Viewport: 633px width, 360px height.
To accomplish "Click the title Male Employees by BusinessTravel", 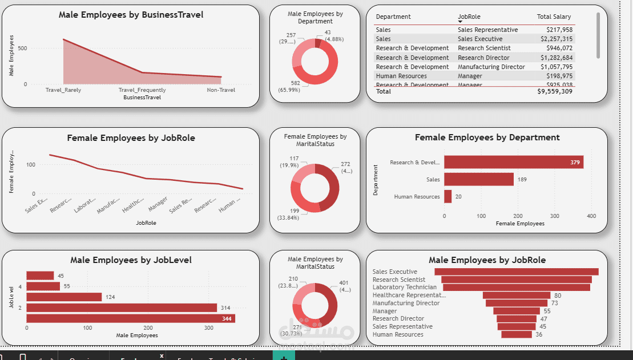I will (x=131, y=15).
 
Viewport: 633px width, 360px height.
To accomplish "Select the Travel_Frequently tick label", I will (x=142, y=90).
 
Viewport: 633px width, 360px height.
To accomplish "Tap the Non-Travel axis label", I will (x=221, y=90).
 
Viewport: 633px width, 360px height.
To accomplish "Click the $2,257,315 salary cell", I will (x=557, y=39).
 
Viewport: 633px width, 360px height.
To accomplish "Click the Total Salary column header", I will (x=554, y=17).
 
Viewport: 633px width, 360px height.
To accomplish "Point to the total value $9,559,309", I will (x=555, y=91).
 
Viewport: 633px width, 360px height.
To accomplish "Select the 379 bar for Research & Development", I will (x=514, y=162).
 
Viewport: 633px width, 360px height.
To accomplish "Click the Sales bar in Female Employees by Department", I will (x=479, y=179).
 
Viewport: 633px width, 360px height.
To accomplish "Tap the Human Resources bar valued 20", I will (x=448, y=196).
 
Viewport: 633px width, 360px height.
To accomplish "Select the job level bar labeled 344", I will (x=131, y=318).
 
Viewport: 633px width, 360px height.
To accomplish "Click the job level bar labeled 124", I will (x=64, y=297).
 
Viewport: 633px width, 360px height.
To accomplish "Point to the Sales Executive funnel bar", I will (x=517, y=272).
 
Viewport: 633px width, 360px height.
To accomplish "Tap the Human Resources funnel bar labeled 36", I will (x=517, y=334).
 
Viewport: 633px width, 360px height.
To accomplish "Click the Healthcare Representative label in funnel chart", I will (x=409, y=295).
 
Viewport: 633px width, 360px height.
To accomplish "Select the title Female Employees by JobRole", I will (x=131, y=137).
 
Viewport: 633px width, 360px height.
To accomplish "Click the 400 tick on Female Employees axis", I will (x=591, y=216).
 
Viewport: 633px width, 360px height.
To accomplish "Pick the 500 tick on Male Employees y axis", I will (x=22, y=48).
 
